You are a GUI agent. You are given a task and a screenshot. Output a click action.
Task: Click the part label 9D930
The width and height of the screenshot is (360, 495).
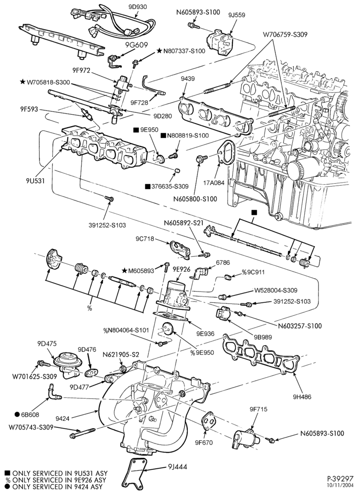pyautogui.click(x=138, y=6)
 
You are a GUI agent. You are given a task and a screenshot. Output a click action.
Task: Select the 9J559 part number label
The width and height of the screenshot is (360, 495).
pyautogui.click(x=236, y=15)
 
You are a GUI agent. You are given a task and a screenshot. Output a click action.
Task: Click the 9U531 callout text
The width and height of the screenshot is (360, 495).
pyautogui.click(x=35, y=181)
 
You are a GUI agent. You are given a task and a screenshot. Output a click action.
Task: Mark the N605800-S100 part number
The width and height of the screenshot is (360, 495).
pyautogui.click(x=195, y=199)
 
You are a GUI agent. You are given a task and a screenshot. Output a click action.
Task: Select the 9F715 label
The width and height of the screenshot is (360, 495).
pyautogui.click(x=259, y=409)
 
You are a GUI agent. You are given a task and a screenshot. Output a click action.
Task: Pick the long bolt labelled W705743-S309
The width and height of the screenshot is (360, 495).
pyautogui.click(x=82, y=433)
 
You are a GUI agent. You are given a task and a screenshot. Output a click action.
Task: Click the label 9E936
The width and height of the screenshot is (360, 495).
pyautogui.click(x=205, y=334)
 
